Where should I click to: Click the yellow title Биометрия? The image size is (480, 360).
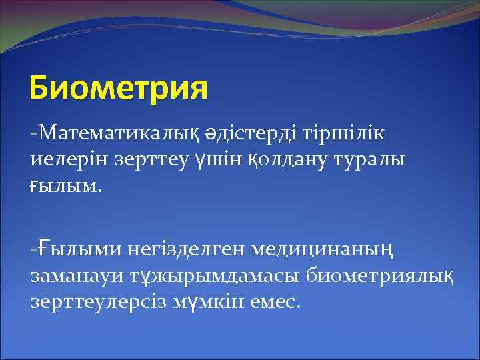coord(119,89)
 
